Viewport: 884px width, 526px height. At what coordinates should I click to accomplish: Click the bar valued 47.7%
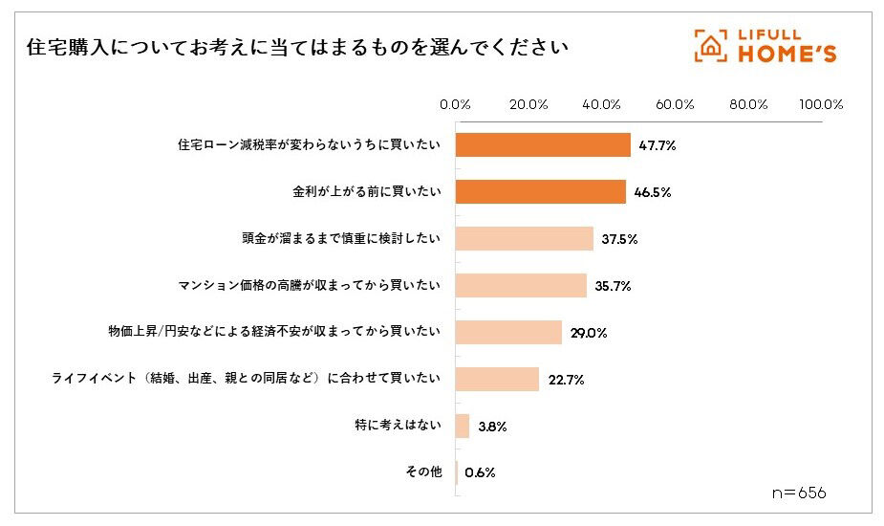[542, 145]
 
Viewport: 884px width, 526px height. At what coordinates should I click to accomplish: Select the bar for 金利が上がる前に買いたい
[540, 192]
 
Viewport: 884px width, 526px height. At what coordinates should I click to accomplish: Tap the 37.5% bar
[524, 239]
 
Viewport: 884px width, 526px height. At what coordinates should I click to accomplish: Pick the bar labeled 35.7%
[520, 286]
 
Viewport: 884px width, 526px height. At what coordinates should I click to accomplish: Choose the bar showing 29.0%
[507, 333]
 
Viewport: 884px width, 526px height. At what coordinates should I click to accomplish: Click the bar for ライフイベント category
[496, 380]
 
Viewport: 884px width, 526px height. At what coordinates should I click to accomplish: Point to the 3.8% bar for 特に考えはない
[462, 427]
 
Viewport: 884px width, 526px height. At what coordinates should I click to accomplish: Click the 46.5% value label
[652, 192]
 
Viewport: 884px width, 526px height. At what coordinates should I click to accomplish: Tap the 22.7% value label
[566, 380]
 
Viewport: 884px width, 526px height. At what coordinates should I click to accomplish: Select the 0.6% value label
[480, 472]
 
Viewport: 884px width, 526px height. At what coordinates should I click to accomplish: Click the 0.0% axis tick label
[454, 104]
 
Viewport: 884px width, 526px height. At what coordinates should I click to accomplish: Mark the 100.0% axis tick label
[821, 104]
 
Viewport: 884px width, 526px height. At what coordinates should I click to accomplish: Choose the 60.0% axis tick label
[675, 104]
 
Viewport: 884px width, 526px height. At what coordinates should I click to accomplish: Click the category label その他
[423, 472]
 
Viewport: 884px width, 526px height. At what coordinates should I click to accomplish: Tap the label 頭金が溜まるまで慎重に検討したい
[342, 239]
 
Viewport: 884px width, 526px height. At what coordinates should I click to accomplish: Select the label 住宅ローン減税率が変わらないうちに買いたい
[310, 145]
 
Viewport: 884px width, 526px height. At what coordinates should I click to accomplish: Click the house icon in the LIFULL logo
[710, 45]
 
